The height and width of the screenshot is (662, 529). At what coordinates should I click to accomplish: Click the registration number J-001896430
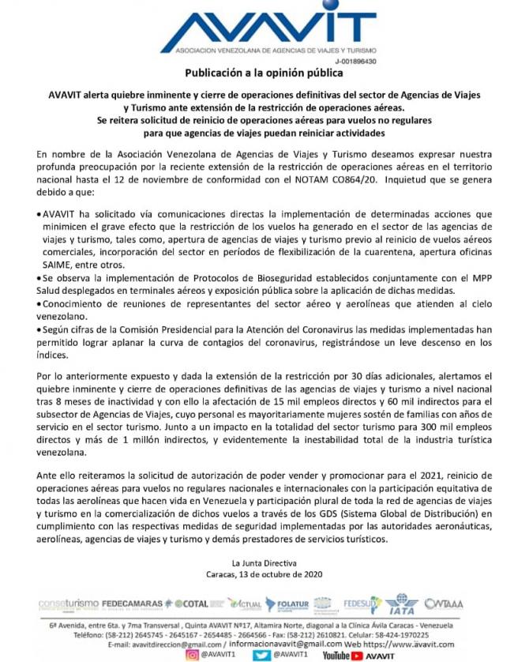click(x=355, y=61)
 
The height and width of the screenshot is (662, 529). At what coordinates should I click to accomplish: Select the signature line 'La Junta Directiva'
click(x=264, y=562)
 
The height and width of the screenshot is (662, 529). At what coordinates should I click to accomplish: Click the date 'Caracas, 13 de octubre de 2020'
click(x=264, y=574)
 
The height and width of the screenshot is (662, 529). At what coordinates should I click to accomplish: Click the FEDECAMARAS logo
click(x=133, y=604)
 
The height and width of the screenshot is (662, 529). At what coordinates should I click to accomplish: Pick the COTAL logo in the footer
click(x=190, y=604)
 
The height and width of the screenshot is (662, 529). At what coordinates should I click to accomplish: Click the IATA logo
click(x=403, y=605)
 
